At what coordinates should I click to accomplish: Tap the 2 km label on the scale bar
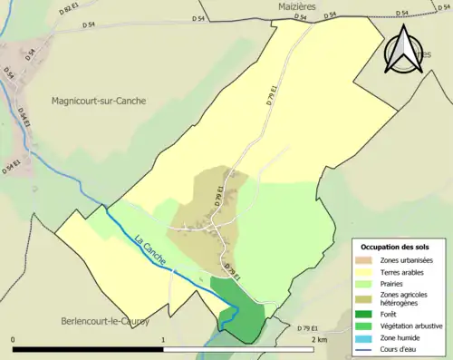point(318,340)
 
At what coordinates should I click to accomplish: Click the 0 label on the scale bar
point(14,340)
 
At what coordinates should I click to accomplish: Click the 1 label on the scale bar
point(164,340)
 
